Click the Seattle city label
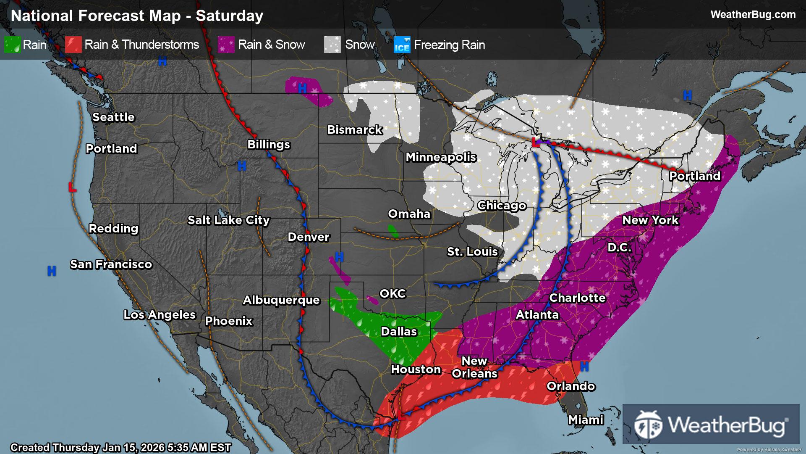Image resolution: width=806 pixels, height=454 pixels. (113, 117)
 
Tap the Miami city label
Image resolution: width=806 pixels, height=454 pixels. (586, 420)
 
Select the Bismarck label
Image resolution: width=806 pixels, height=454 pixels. (355, 130)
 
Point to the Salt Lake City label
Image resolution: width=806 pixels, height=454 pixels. (228, 220)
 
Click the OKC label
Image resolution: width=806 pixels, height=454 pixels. (393, 294)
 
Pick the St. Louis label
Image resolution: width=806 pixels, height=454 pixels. (472, 252)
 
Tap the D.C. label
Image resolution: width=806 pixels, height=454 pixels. (619, 248)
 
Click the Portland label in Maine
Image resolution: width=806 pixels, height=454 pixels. (694, 176)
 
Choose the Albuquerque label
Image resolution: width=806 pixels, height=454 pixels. (281, 300)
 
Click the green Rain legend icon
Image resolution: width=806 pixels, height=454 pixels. (12, 45)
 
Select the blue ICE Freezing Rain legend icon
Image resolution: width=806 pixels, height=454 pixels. (402, 45)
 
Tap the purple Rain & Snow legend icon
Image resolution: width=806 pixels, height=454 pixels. (226, 45)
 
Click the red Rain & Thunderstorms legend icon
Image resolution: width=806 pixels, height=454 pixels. (73, 45)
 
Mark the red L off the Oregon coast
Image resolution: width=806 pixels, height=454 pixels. (72, 187)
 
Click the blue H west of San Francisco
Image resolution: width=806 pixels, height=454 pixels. (52, 271)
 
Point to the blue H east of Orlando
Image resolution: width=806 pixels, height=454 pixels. (584, 367)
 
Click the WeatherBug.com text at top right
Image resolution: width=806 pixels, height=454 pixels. (753, 15)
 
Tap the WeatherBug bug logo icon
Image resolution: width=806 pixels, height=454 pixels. (648, 425)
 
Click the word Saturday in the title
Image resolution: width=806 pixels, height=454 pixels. (230, 16)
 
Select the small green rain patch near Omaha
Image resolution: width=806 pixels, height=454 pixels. (393, 231)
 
